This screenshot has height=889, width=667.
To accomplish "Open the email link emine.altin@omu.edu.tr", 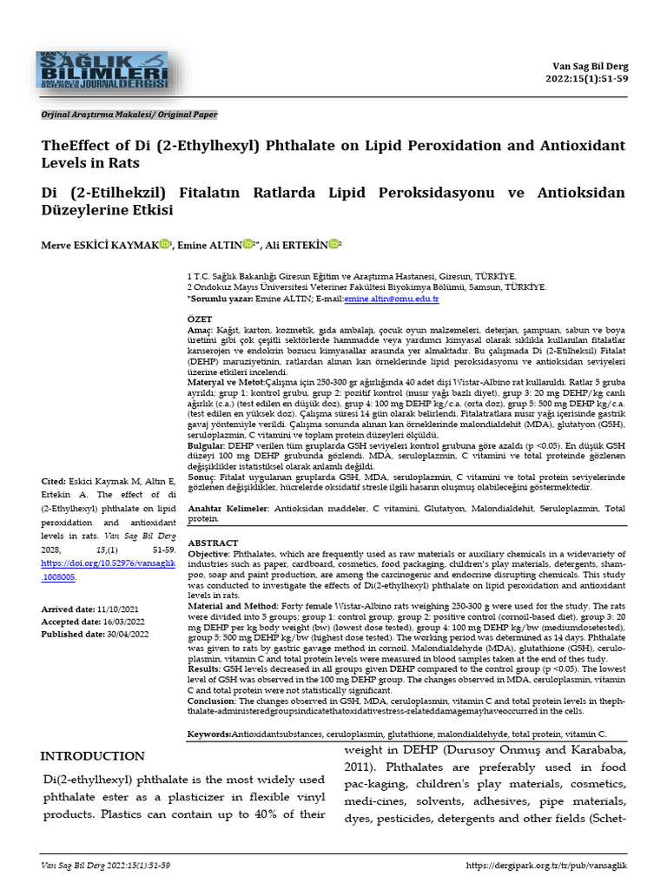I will (x=392, y=299).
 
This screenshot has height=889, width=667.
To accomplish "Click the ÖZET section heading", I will (x=200, y=319).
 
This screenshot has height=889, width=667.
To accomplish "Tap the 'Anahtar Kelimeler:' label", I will (x=224, y=510).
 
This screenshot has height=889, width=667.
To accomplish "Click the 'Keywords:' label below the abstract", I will (x=209, y=734).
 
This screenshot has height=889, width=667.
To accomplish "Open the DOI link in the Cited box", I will (x=109, y=570).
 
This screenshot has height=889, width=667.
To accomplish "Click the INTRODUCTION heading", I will (x=93, y=756).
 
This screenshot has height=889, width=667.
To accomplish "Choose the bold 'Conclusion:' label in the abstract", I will (x=212, y=700).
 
